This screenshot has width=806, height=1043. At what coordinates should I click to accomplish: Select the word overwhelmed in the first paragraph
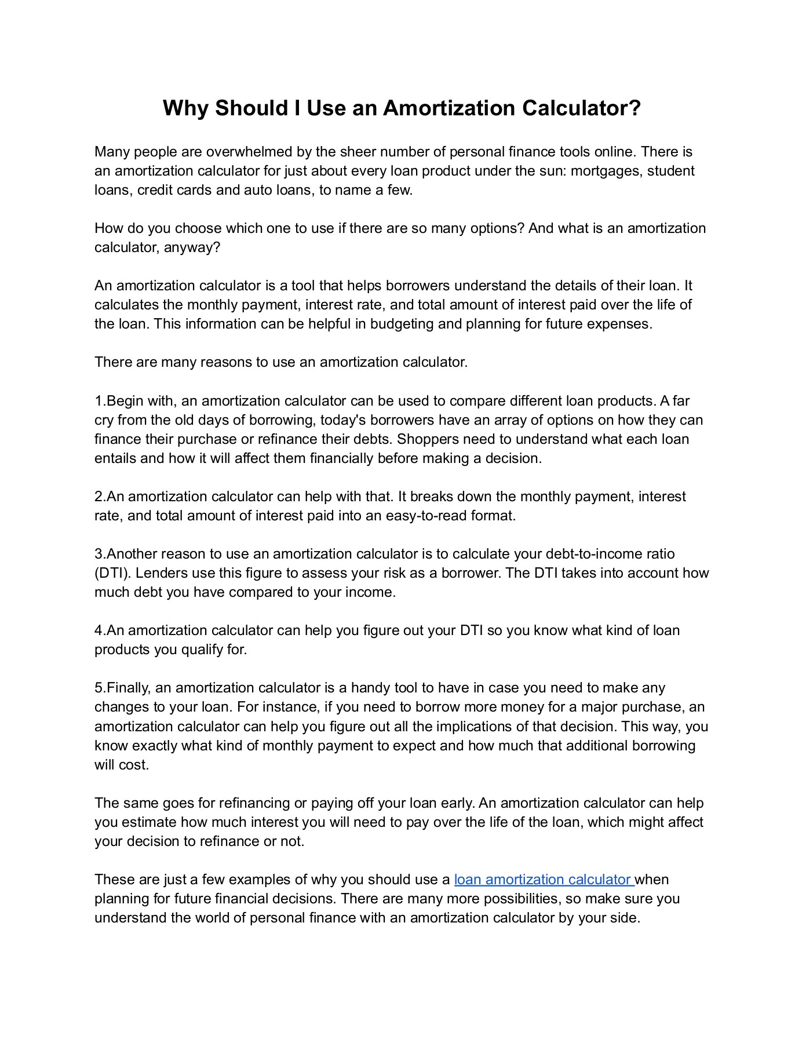coord(249,152)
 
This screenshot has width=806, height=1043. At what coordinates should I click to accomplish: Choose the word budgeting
coord(402,324)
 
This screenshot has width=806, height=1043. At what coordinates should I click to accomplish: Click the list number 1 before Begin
coord(98,401)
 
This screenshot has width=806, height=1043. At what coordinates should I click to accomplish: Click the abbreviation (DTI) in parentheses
coord(112,573)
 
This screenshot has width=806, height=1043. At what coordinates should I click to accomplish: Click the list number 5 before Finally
coord(99,688)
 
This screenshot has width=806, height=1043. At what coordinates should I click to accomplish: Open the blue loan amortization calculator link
coord(544,880)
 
